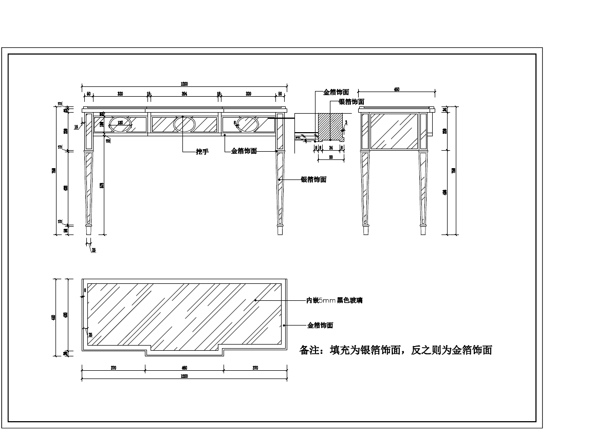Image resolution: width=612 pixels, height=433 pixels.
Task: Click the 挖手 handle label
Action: [202, 152]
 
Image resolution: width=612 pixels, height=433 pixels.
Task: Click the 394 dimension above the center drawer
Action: [184, 94]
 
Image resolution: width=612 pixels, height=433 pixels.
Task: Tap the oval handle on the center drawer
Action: [184, 124]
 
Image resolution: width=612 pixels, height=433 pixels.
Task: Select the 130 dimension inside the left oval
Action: [120, 122]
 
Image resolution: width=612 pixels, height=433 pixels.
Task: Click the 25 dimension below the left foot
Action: [93, 250]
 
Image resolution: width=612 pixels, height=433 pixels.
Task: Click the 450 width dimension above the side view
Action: [397, 89]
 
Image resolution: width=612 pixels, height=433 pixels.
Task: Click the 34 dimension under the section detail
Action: [330, 147]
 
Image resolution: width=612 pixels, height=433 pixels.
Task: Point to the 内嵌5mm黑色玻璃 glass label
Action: [334, 300]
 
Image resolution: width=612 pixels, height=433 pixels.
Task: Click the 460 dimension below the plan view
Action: [184, 368]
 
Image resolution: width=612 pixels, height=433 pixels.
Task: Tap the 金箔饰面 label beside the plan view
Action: [320, 326]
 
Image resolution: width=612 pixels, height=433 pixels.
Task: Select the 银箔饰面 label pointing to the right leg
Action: [313, 179]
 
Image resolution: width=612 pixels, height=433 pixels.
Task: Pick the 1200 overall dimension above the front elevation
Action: [184, 84]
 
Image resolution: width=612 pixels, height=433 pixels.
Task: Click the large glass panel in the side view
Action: [394, 131]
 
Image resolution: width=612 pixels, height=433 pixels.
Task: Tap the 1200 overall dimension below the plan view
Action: [184, 376]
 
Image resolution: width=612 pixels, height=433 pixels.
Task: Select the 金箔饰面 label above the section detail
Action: [336, 93]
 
